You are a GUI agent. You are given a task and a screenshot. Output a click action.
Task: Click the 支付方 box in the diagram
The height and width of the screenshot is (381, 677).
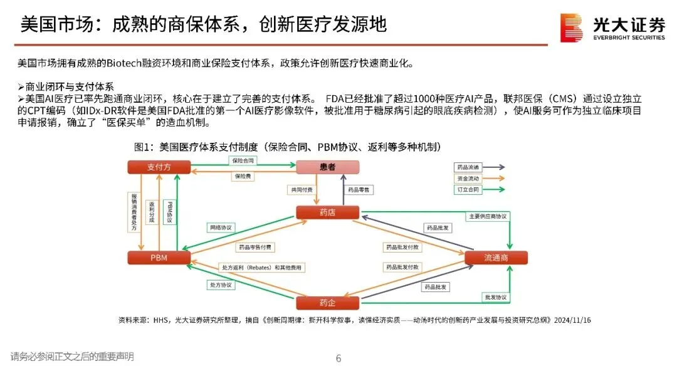(159, 167)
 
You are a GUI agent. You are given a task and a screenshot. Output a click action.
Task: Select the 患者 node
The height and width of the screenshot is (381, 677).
(327, 167)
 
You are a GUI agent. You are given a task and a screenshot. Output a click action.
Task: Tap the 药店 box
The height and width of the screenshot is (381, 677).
(327, 212)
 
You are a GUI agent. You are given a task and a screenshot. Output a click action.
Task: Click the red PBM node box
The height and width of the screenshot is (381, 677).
(159, 258)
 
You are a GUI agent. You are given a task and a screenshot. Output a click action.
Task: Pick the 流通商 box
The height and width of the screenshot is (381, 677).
(496, 258)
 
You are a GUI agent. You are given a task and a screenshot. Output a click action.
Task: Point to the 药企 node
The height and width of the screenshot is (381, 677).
(327, 303)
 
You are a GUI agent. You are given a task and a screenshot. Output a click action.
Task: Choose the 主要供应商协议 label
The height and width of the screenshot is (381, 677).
(487, 216)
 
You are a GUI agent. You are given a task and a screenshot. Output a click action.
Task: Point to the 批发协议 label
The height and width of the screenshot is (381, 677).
(495, 297)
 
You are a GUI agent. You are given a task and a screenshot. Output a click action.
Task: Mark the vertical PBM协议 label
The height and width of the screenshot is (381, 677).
(169, 213)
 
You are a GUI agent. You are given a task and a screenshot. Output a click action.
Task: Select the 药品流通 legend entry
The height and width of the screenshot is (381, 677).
(467, 167)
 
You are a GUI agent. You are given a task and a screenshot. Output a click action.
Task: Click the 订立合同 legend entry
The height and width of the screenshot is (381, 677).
(467, 189)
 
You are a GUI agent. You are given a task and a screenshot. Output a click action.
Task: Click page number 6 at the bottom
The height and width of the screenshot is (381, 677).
(338, 359)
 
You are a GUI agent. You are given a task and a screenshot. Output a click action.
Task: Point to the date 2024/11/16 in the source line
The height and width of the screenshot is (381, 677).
(572, 320)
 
